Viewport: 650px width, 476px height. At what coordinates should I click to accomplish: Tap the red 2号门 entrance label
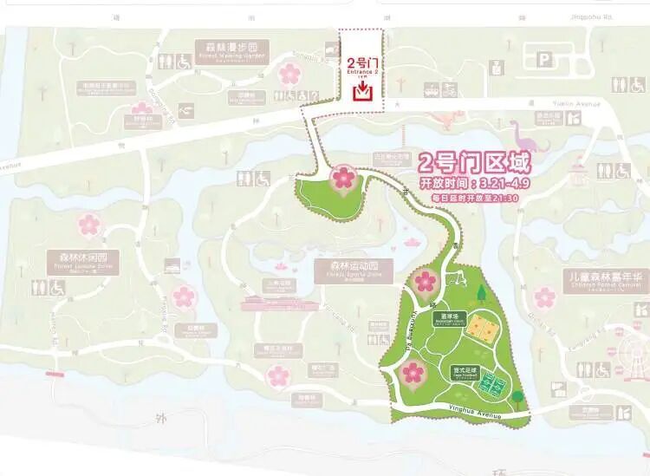(x=361, y=64)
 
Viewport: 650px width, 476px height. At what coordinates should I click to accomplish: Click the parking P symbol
(x=543, y=60)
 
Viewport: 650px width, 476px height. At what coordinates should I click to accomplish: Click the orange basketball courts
(x=481, y=329)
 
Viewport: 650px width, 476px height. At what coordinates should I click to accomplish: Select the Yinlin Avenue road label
(x=575, y=105)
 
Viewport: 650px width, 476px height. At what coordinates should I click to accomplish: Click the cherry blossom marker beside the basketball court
(x=425, y=282)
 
